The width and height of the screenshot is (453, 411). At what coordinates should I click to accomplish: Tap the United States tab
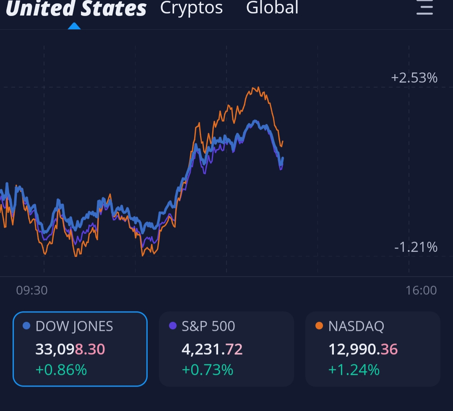[x=76, y=8]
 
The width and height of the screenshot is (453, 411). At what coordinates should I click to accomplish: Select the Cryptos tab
[x=191, y=8]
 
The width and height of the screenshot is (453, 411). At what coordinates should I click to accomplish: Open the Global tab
[x=272, y=8]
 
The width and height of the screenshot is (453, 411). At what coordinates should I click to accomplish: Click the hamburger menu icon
[x=424, y=8]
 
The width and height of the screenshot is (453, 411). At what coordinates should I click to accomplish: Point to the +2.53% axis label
[x=414, y=78]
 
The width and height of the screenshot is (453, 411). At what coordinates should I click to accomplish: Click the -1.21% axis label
[x=416, y=247]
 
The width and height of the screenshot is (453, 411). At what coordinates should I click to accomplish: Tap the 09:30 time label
[x=32, y=290]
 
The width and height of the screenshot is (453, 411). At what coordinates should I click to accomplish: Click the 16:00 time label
[x=421, y=290]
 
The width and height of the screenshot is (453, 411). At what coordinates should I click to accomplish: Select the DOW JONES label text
[x=74, y=326]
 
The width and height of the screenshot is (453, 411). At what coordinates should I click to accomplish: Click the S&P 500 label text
[x=208, y=326]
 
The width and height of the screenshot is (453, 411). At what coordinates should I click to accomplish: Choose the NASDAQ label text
[x=356, y=326]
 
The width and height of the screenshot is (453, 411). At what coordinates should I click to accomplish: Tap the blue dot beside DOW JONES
[x=26, y=326]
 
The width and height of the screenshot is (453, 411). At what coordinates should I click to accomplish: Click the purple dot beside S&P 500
[x=172, y=326]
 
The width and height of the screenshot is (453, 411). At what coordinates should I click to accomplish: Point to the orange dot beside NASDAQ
[x=319, y=326]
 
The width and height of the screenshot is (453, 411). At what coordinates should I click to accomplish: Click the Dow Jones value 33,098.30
[x=70, y=349]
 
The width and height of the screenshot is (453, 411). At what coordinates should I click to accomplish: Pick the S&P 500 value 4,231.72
[x=212, y=349]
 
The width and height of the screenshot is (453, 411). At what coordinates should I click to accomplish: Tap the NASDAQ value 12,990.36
[x=363, y=349]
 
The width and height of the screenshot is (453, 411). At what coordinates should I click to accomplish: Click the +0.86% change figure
[x=61, y=370]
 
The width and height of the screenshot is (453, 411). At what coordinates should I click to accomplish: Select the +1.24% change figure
[x=354, y=370]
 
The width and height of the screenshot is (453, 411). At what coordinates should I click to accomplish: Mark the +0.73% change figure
[x=207, y=370]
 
